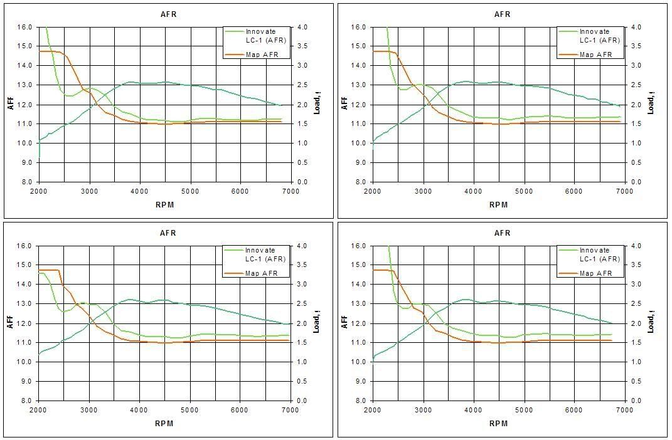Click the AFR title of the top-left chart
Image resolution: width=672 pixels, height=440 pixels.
pos(168,14)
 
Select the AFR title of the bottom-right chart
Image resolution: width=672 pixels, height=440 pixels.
pos(503,233)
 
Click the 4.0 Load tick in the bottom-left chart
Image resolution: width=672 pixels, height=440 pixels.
pos(301,246)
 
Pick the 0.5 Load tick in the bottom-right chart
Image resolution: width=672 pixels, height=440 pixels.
pos(634,381)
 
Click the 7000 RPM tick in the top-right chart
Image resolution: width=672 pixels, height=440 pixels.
pos(624,192)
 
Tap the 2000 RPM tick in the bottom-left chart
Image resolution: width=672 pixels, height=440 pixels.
pos(39,411)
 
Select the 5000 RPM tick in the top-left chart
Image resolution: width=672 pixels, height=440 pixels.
pos(190,192)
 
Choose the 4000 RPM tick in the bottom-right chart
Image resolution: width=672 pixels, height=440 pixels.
pos(473,411)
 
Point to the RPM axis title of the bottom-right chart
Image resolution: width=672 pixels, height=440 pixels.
pos(498,423)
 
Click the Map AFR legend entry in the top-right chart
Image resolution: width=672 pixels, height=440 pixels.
pos(596,55)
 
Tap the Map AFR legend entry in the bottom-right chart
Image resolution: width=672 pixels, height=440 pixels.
pos(596,273)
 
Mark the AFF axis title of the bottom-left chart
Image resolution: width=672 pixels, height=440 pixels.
pos(11,322)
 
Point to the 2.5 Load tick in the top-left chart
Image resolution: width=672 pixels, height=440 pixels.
pos(301,85)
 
